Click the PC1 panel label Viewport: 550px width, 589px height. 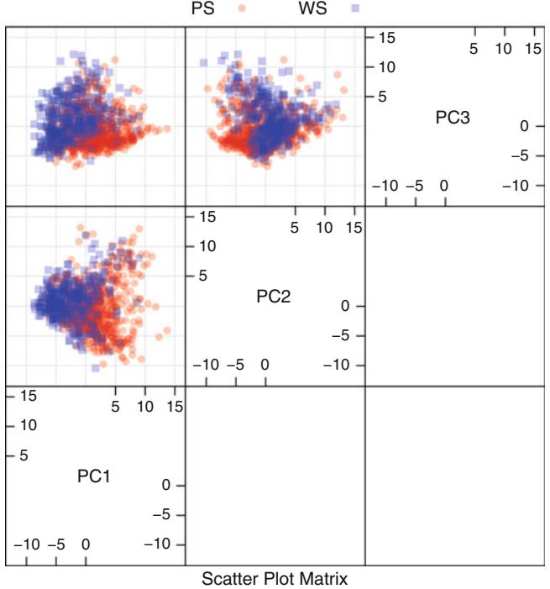94,476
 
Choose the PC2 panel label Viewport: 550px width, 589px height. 274,296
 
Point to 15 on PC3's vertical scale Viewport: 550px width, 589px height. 387,37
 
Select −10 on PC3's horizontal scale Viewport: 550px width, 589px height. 385,186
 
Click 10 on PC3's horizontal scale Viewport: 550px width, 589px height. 503,50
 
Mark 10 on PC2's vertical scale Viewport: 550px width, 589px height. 207,245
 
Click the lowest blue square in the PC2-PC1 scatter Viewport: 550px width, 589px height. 97,367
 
